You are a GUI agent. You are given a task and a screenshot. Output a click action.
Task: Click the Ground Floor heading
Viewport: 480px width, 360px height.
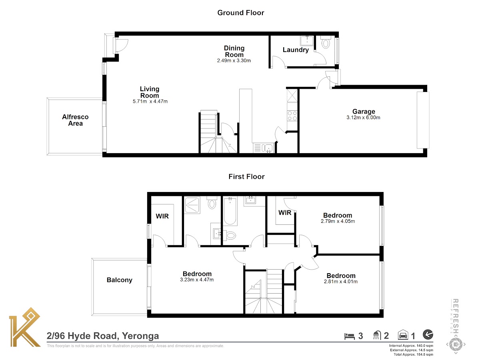click(240, 13)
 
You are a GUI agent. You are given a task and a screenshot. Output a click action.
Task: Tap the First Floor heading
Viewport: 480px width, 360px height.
click(246, 176)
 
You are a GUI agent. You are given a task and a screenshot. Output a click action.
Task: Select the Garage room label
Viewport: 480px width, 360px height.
click(364, 112)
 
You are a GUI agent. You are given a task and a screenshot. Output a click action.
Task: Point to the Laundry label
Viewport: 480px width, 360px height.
click(296, 50)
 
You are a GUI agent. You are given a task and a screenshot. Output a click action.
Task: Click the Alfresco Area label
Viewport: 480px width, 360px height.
click(75, 120)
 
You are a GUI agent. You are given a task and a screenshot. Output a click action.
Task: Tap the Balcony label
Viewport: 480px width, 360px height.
click(119, 280)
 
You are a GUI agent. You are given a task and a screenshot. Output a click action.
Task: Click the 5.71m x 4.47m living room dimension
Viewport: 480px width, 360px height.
click(150, 102)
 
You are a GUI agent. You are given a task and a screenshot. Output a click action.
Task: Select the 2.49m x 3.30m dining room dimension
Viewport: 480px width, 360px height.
click(234, 60)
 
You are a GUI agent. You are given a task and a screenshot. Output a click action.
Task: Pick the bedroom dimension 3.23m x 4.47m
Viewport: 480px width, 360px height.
click(197, 280)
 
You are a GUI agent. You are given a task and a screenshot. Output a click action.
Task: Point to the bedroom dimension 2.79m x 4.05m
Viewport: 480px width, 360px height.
click(338, 221)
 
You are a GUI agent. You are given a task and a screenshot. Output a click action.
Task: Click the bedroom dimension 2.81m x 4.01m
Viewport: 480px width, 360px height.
click(340, 282)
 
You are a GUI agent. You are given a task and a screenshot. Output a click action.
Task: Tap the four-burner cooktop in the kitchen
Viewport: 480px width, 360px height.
click(292, 116)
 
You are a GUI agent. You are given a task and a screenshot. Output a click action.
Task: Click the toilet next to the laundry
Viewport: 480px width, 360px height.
click(326, 42)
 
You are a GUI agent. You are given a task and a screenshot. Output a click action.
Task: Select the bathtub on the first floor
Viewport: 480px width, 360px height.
click(230, 211)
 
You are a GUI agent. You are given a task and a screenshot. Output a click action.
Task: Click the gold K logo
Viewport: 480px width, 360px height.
click(24, 327)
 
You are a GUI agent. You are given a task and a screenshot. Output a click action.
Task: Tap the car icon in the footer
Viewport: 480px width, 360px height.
click(403, 335)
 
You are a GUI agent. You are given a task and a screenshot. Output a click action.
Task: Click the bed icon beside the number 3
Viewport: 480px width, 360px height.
click(350, 336)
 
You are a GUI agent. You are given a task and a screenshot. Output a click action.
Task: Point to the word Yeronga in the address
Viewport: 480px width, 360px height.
click(140, 336)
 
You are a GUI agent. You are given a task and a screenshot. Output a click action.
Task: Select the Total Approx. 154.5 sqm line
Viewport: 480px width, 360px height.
click(413, 354)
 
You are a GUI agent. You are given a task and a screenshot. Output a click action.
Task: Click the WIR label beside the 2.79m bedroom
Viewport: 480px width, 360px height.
click(285, 212)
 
